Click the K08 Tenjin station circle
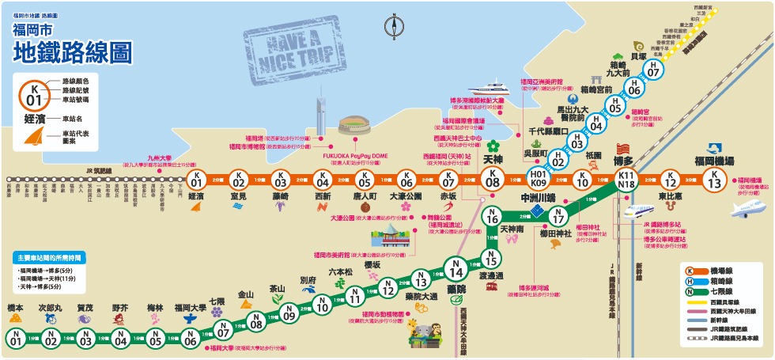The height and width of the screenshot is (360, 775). pos(493,179)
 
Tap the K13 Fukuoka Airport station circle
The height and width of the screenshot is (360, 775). pos(714,179)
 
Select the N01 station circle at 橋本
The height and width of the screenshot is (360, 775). pos(15,339)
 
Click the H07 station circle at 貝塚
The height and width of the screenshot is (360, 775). pos(653,70)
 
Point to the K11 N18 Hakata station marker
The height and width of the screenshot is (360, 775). pos(626,179)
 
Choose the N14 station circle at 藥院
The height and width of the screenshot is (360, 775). pos(455,269)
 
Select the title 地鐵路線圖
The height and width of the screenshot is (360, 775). pos(72,52)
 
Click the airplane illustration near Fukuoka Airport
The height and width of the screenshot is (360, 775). pos(747,210)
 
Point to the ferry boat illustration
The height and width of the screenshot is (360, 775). pos(492,87)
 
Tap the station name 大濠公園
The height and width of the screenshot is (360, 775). pos(406,195)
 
